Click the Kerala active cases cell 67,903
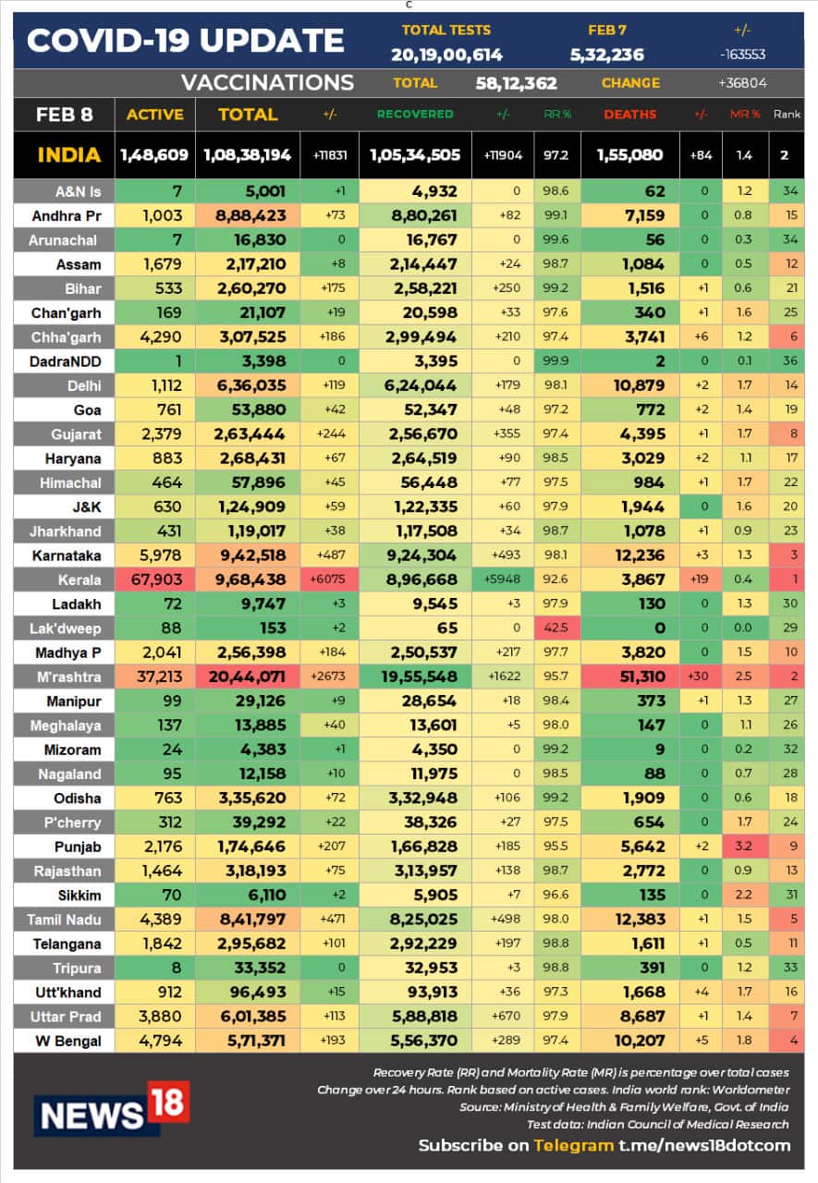point(155,579)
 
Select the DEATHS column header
point(630,115)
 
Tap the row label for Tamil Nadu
point(64,920)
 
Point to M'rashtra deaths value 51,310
point(630,677)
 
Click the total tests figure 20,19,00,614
point(446,55)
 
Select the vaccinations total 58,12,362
point(517,83)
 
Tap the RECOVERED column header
point(415,115)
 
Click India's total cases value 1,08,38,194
point(248,155)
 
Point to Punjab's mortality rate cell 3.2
point(744,847)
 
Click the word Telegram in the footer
point(573,1145)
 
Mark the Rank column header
point(787,115)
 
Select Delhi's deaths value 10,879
point(630,385)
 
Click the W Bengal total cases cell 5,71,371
point(248,1041)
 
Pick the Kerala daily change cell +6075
point(330,579)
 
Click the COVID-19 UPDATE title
point(186,41)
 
